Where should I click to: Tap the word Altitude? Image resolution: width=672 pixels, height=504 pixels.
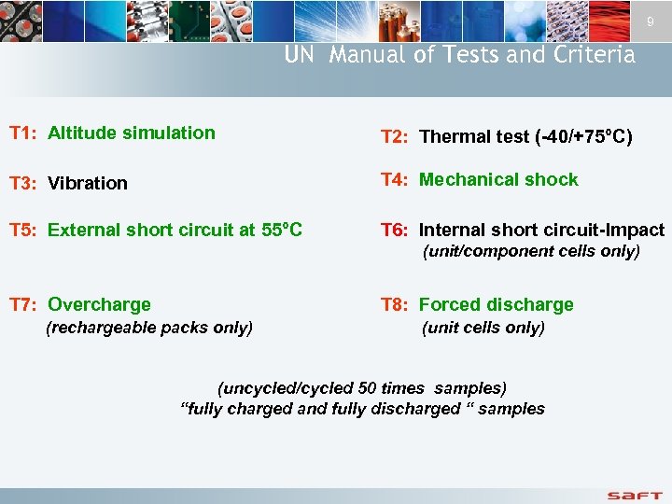coord(82,133)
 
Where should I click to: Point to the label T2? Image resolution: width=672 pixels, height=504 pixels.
coord(396,137)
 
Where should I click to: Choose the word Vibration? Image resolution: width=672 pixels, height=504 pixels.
coord(88,183)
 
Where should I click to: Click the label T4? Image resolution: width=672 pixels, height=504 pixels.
coord(396,179)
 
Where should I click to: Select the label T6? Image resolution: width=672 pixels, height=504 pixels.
coord(396,230)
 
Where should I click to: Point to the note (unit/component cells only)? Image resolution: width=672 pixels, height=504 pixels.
coord(531,251)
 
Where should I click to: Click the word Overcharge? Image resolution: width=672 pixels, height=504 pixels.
coord(99,304)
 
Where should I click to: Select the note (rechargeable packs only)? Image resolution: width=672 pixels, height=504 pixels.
coord(149,328)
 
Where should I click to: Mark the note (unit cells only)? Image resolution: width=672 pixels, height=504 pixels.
coord(483,328)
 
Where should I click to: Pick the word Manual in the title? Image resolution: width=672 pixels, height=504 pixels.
coord(368,55)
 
